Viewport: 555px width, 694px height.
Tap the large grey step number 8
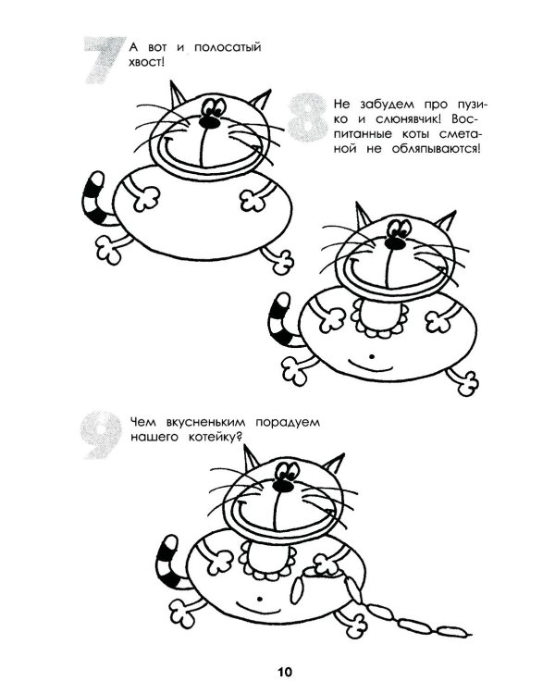[308, 117]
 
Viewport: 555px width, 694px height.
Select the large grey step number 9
[102, 435]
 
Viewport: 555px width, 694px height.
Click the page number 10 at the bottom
[285, 672]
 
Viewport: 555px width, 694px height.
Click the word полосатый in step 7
[228, 48]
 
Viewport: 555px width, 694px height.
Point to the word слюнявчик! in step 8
[407, 119]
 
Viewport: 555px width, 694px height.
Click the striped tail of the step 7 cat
[95, 199]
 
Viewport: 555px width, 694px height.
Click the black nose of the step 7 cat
[209, 122]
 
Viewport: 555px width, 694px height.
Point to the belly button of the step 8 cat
[372, 356]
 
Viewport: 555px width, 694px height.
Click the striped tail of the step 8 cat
[282, 319]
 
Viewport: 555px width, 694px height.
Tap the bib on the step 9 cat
[266, 559]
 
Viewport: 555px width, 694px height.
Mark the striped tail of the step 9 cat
[170, 562]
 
